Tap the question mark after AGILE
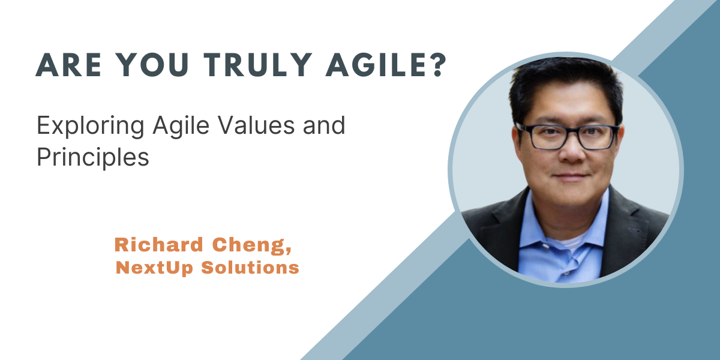click(x=437, y=65)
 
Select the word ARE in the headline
click(x=68, y=65)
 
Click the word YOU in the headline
click(x=152, y=65)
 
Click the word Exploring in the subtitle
click(x=91, y=126)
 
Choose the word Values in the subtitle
click(x=257, y=125)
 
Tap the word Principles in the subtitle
click(x=93, y=157)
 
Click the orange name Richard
click(x=159, y=245)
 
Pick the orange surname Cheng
click(x=249, y=245)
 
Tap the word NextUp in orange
click(x=154, y=268)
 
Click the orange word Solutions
click(x=250, y=268)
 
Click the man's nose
click(x=571, y=151)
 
